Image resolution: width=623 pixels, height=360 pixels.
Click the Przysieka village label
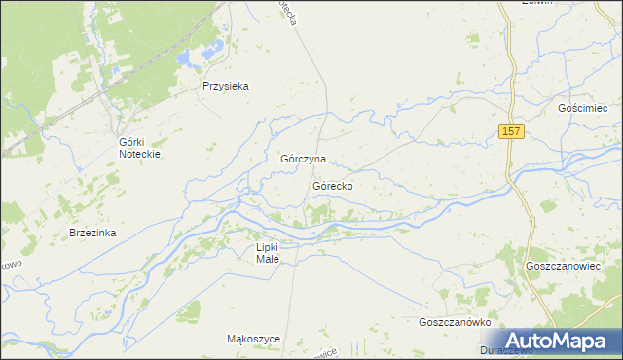226,86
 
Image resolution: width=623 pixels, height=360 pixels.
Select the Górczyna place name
303,159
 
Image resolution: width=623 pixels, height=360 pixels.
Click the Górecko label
333,185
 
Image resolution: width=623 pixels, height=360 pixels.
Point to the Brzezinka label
92,234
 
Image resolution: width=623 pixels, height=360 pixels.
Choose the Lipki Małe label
267,255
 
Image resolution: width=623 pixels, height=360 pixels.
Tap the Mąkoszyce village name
253,339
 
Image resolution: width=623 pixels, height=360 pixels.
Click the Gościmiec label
583,109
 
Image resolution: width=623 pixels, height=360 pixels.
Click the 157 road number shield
513,131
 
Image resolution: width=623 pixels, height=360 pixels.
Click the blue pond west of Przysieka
185,58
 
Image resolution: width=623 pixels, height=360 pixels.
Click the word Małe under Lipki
267,261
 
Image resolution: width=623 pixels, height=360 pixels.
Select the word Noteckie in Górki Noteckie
138,154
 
